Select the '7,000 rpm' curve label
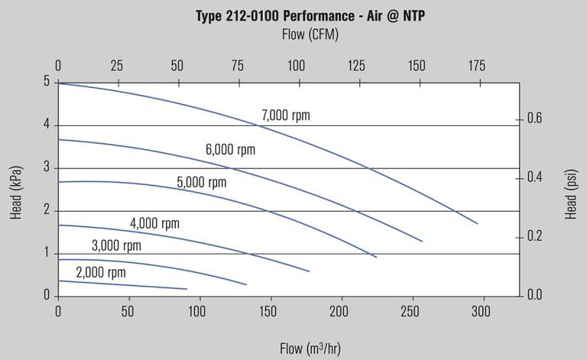click(286, 116)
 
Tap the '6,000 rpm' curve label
click(230, 150)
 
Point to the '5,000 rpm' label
click(202, 183)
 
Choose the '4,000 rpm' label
click(154, 224)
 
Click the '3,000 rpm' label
click(116, 245)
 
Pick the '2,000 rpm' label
click(100, 272)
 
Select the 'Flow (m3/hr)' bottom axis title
click(310, 349)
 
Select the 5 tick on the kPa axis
click(46, 82)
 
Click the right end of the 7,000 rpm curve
click(478, 223)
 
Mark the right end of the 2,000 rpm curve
click(187, 289)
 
